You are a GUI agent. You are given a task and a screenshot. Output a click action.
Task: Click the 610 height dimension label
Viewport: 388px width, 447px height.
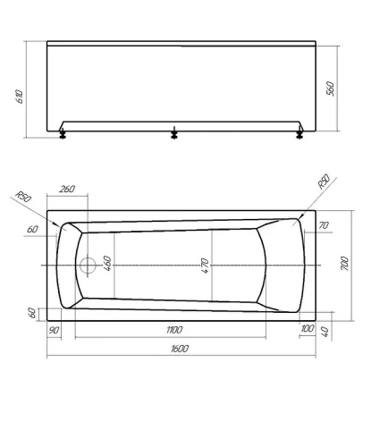coord(19,96)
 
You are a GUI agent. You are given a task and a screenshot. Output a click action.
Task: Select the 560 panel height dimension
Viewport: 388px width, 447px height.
coord(331,89)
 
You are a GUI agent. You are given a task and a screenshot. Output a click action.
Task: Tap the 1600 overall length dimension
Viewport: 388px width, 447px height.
coord(180,349)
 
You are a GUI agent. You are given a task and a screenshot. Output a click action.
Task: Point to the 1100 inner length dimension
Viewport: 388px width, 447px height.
coord(174,330)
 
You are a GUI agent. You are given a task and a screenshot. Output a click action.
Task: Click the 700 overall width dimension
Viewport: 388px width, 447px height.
coord(344,263)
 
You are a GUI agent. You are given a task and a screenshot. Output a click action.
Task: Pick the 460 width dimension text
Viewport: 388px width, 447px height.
coord(106,264)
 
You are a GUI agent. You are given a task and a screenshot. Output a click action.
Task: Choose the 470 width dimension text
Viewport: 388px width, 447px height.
coord(205,266)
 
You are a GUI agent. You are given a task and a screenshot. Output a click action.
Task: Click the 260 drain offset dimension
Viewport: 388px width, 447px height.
coord(67,189)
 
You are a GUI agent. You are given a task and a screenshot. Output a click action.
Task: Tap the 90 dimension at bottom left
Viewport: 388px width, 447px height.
coord(54,330)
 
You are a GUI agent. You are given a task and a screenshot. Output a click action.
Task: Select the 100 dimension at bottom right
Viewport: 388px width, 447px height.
coord(308,328)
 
